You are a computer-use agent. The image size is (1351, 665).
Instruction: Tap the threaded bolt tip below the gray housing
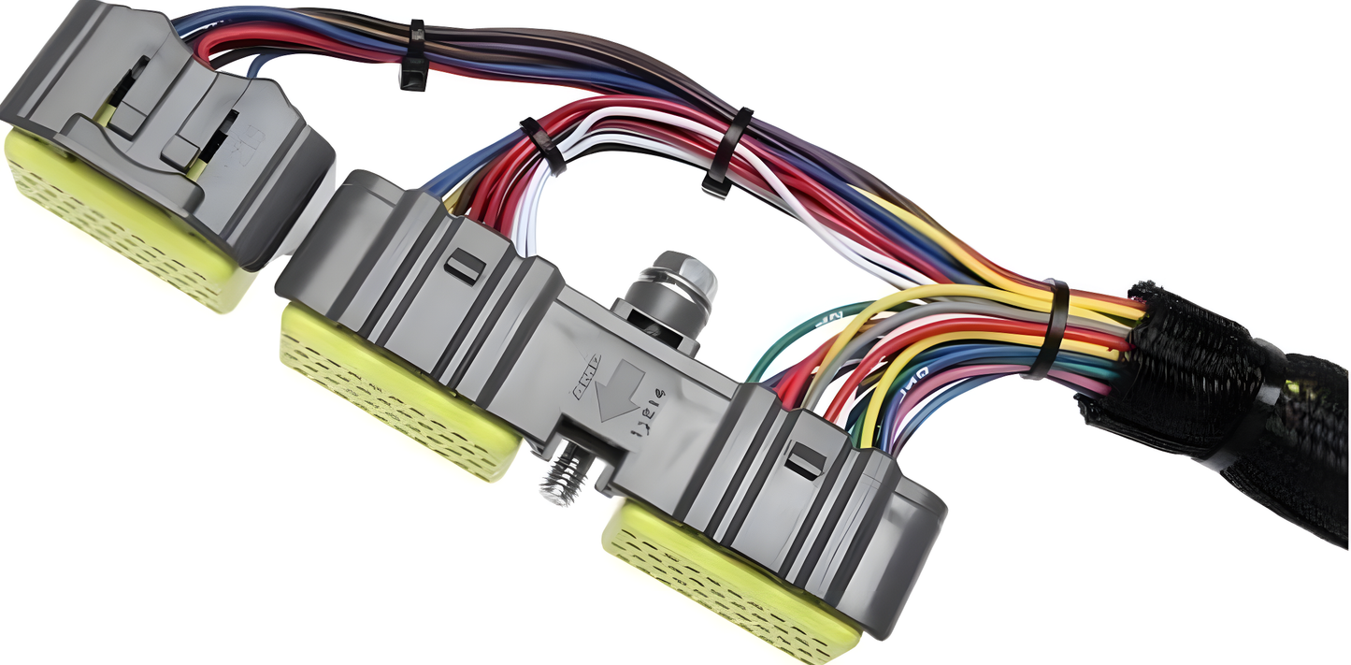point(560,480)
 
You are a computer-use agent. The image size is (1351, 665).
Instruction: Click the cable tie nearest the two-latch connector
point(412,58)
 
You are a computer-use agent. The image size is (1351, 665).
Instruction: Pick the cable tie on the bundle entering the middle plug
point(543,146)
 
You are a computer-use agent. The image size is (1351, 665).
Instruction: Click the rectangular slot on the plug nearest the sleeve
point(805,459)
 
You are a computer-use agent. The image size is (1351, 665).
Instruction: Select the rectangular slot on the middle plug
point(464,267)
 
